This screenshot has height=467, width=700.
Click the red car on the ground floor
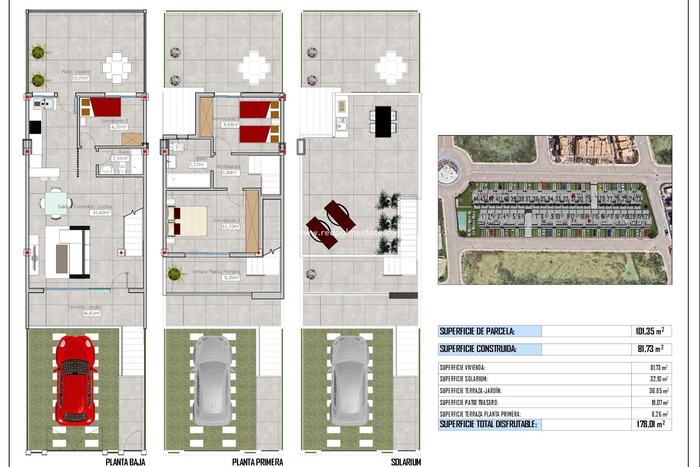(x=75, y=379)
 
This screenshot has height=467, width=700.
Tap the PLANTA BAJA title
(x=125, y=462)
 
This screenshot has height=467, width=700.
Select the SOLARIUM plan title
(x=405, y=462)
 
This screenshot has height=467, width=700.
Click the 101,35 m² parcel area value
(x=650, y=331)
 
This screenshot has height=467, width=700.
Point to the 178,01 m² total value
(x=651, y=424)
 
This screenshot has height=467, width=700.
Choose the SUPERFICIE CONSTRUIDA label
(x=478, y=349)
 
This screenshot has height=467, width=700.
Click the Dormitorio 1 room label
(x=114, y=121)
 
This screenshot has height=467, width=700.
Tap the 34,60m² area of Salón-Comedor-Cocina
(x=101, y=212)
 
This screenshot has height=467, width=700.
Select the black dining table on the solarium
(x=383, y=121)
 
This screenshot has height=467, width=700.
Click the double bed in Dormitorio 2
(x=187, y=221)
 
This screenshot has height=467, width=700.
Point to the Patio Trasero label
(x=75, y=72)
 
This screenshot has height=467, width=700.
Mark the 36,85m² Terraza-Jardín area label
(x=91, y=313)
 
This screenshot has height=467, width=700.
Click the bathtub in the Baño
(x=188, y=180)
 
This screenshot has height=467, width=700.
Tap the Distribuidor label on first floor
(x=228, y=166)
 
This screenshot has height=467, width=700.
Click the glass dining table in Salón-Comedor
(x=56, y=203)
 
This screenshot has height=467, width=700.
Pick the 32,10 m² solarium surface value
(x=659, y=379)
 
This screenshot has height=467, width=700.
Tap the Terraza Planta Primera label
(x=215, y=271)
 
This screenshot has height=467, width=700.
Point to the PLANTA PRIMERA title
(x=257, y=462)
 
